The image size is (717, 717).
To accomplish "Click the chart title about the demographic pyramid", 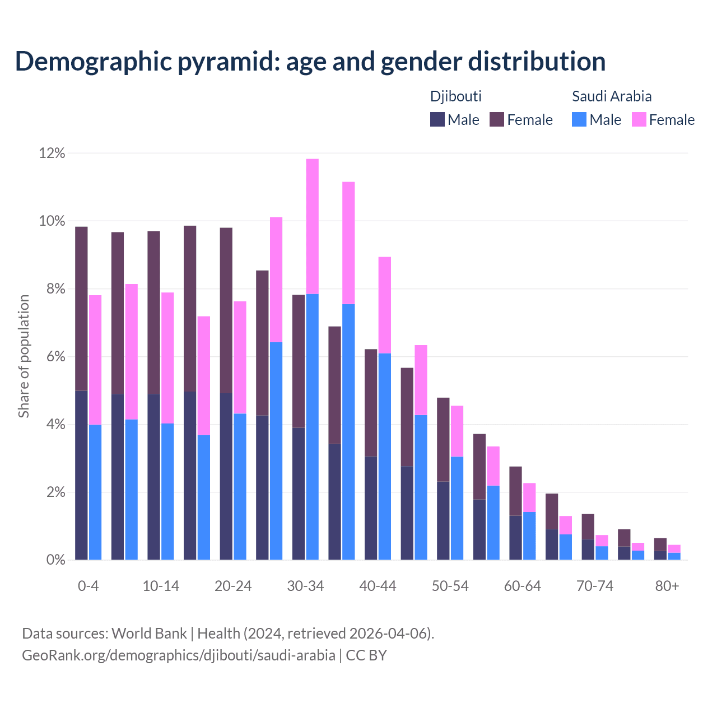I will (310, 61).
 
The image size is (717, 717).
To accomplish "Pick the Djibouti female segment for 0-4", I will (81, 309).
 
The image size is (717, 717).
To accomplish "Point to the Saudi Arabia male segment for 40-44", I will (385, 457).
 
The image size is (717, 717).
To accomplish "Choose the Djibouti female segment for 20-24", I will (226, 310).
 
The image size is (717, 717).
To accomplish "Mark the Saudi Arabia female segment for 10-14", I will (167, 358).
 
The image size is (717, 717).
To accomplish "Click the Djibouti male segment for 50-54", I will (443, 520).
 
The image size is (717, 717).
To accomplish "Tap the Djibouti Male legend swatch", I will (437, 119).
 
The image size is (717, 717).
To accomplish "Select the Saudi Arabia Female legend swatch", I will (639, 119).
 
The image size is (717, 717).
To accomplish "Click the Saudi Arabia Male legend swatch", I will (579, 119).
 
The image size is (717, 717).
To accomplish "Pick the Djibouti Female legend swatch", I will (497, 119).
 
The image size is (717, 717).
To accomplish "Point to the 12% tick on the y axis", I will (52, 153).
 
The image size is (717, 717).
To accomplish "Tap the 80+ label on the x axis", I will (667, 586).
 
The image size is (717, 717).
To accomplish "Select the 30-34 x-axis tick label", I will (305, 586).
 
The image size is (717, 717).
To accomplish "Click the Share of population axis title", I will (24, 356).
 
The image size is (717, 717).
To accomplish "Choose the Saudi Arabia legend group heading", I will (612, 96).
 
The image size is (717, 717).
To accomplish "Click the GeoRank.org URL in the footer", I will (179, 655).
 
